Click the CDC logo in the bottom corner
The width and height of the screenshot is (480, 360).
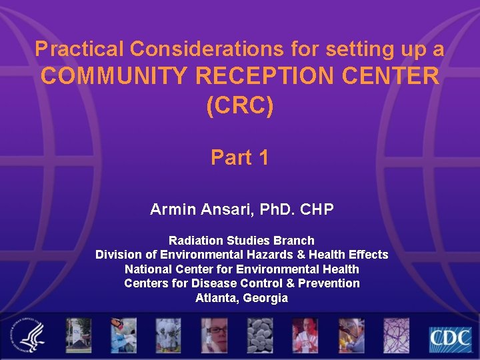(x=449, y=339)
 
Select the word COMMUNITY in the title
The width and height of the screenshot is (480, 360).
(x=115, y=77)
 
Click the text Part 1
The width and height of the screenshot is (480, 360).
(x=240, y=157)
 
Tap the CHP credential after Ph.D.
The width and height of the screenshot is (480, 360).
(x=317, y=210)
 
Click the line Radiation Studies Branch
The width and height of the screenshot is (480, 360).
(x=241, y=240)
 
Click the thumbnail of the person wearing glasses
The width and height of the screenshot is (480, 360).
(x=214, y=335)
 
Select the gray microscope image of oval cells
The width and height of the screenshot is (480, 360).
(x=259, y=335)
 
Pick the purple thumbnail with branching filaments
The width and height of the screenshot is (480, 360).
(x=396, y=335)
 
